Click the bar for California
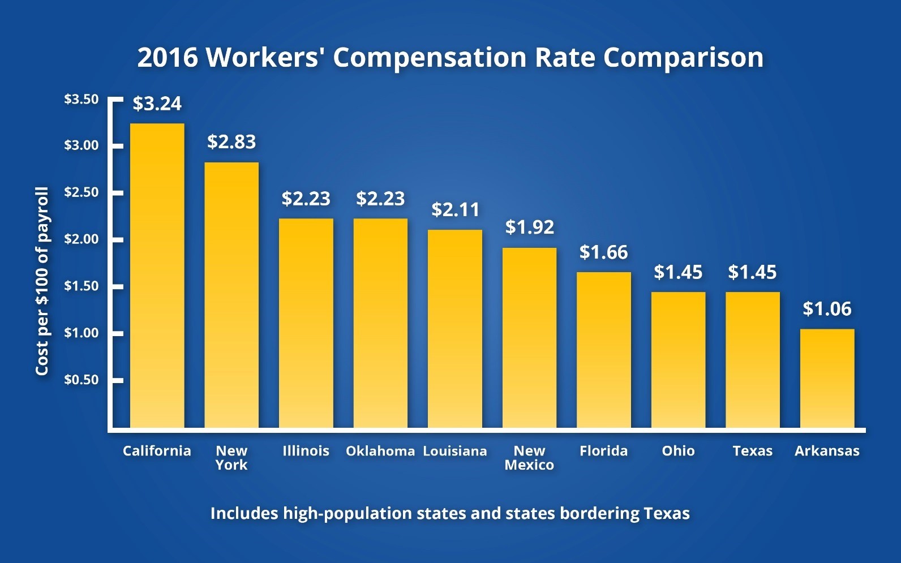(x=157, y=276)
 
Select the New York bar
(x=231, y=295)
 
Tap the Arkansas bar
(x=827, y=378)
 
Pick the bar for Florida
(x=604, y=350)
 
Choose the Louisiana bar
(x=455, y=328)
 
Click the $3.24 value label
(x=157, y=104)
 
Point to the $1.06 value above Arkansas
(x=827, y=309)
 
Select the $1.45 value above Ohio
(x=678, y=272)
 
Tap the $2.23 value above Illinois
(x=306, y=199)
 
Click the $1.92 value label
(x=530, y=227)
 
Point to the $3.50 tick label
(x=81, y=100)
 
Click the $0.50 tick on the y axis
(x=81, y=380)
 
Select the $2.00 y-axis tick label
(x=81, y=239)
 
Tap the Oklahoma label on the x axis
(x=380, y=451)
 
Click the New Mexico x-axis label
(x=529, y=458)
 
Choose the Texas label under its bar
(x=752, y=451)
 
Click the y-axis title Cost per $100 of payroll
(x=42, y=281)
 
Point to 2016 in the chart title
(x=168, y=58)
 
